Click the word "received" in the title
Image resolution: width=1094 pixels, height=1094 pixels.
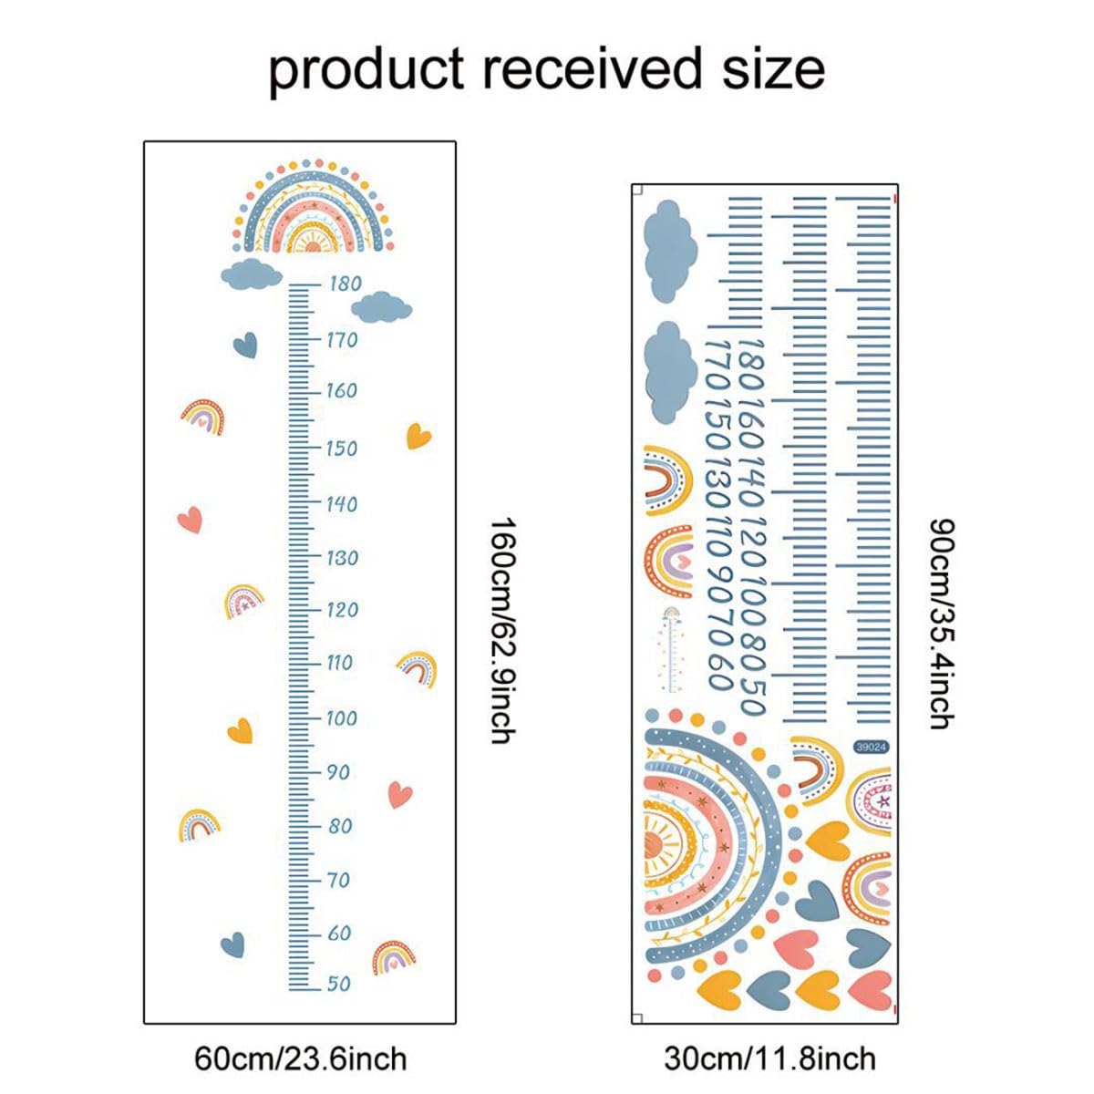[591, 68]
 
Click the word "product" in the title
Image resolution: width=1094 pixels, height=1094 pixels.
[366, 71]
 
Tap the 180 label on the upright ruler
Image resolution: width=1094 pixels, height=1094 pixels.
[346, 284]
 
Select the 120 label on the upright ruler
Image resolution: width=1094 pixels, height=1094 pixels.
[343, 610]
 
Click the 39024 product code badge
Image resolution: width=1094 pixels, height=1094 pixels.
[871, 748]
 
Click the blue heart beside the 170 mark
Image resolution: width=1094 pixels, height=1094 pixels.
[245, 346]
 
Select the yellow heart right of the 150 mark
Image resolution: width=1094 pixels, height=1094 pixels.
[418, 436]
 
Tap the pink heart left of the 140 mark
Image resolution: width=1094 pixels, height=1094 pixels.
[190, 520]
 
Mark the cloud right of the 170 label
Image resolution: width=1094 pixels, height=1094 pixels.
[381, 307]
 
